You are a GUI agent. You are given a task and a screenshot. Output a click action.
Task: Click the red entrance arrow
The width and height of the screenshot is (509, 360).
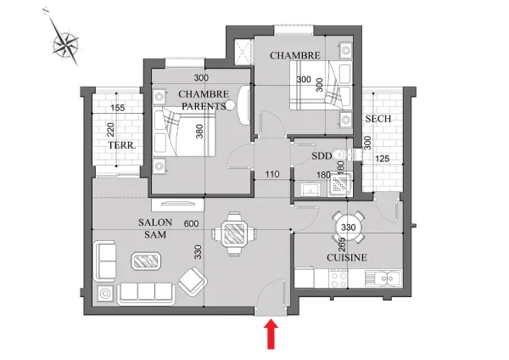point(271,335)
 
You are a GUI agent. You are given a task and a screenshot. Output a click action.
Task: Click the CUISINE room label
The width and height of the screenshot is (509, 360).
point(347,257)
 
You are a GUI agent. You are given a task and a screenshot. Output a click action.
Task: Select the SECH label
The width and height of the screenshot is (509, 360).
point(378,119)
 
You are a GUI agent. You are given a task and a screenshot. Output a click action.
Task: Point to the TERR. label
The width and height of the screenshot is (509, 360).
point(122,145)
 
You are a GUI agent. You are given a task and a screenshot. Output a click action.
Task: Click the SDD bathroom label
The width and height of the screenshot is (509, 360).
point(322,156)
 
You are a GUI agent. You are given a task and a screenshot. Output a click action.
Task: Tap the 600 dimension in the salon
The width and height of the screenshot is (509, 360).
point(191,224)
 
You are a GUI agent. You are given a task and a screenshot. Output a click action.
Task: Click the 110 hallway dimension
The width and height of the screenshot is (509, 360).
point(272,174)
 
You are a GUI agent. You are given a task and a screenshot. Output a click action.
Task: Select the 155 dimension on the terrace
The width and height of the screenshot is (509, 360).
point(118,108)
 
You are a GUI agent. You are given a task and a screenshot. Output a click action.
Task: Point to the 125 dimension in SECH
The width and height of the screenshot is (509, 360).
point(382,159)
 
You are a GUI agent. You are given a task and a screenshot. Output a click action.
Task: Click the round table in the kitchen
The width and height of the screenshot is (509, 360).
point(349,227)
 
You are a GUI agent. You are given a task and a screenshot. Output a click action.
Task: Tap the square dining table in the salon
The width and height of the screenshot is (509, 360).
point(234,233)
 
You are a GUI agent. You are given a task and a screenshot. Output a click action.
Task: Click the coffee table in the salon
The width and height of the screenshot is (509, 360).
point(146,261)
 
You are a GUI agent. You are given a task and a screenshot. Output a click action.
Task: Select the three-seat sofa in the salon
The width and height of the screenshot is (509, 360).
point(146,294)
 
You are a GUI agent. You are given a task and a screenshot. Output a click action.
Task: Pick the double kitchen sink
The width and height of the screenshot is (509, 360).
point(383,278)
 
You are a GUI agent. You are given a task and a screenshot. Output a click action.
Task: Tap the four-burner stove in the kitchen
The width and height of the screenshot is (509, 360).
point(338,279)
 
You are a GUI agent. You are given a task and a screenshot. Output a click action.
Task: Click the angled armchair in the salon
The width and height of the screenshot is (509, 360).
point(193,281)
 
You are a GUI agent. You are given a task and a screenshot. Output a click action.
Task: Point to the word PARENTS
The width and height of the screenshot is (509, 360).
point(204,106)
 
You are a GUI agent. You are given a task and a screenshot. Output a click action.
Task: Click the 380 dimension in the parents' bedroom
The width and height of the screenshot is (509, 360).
point(199,132)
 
